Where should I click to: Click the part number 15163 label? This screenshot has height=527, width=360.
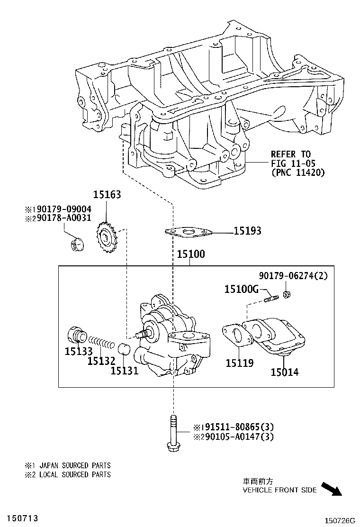[107, 195]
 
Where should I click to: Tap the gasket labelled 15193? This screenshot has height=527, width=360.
[189, 232]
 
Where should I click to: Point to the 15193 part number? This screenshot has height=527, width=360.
[247, 231]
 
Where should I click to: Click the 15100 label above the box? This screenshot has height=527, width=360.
[191, 254]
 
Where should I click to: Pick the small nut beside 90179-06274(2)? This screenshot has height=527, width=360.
[287, 294]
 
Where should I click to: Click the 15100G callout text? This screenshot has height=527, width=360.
[241, 289]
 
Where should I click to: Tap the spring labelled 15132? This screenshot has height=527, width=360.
[101, 342]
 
